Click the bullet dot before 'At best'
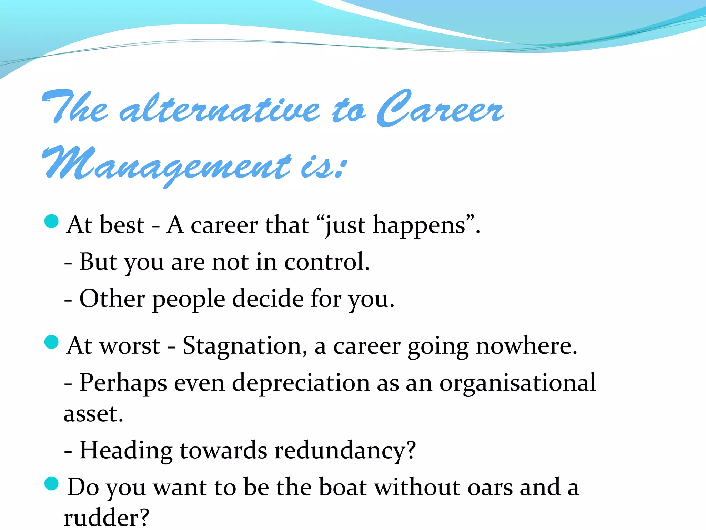(x=52, y=221)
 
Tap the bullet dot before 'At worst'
(x=52, y=342)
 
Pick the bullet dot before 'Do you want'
(x=52, y=483)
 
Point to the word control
(x=326, y=262)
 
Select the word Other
(x=112, y=298)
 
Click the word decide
(x=268, y=298)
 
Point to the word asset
(x=93, y=414)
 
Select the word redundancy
(x=345, y=451)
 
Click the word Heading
(x=126, y=451)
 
